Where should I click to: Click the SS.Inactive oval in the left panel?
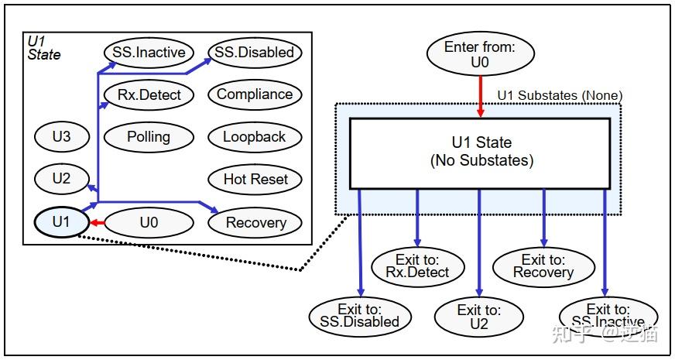148,53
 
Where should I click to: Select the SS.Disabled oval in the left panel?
254,53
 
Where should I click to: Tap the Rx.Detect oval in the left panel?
148,95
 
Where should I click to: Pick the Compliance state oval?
254,94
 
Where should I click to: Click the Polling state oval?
148,137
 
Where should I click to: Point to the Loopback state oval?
254,137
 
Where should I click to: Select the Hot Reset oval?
255,180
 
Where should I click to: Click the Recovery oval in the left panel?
255,223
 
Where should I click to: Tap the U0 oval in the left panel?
148,223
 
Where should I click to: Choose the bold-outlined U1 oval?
61,223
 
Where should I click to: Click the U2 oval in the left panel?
61,180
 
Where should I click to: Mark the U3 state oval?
61,138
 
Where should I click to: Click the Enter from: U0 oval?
479,55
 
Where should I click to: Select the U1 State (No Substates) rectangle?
481,153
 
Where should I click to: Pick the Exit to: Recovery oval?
543,266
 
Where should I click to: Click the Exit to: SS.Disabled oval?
360,315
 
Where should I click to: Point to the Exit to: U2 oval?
479,316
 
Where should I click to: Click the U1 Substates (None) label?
559,95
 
